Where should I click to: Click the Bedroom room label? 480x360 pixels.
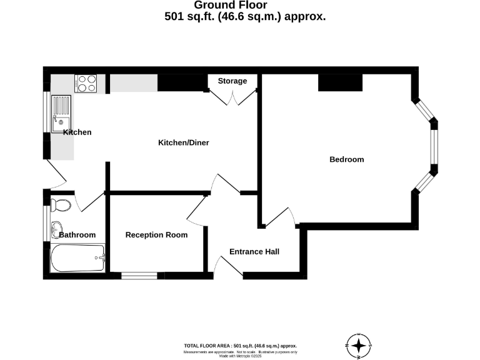[346, 159]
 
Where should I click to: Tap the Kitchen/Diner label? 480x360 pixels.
[183, 142]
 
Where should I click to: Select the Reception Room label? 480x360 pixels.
[156, 235]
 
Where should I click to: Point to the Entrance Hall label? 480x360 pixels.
[254, 252]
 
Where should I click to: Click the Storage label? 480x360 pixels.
[232, 81]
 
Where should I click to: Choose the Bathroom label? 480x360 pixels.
[77, 235]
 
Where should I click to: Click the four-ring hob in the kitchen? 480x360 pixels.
[86, 83]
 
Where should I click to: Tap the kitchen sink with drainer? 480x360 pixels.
[62, 111]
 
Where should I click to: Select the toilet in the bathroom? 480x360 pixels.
[61, 204]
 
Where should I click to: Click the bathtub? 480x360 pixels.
[77, 258]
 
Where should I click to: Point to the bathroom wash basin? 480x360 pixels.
[56, 227]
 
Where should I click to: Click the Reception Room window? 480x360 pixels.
[139, 275]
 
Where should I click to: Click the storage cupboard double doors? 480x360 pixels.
[232, 97]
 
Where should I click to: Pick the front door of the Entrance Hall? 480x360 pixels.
[229, 266]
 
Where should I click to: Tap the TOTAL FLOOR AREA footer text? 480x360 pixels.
[240, 346]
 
